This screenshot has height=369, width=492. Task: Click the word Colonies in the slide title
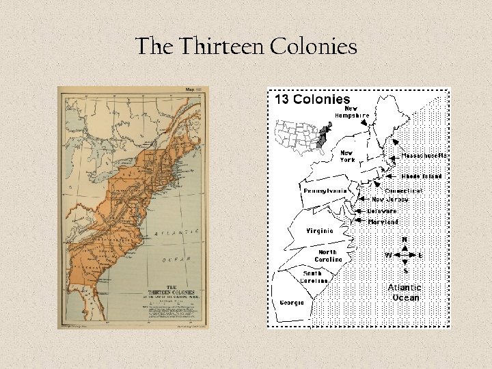314,47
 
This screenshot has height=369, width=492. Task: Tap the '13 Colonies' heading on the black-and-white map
312,99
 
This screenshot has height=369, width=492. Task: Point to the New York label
347,156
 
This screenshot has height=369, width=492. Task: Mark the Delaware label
381,211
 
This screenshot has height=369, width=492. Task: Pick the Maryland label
383,222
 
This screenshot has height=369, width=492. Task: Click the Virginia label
320,231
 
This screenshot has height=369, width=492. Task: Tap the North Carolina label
329,256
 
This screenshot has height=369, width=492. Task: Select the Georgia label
292,303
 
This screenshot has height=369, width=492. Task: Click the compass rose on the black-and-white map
405,256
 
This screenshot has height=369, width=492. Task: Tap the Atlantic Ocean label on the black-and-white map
405,292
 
